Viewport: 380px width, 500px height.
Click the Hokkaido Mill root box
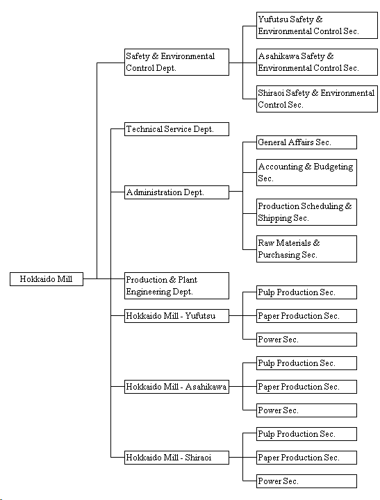47,279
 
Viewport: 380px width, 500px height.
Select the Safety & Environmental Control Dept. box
176,62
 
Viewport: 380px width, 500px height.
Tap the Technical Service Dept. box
176,129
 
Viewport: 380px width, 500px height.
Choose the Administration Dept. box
176,192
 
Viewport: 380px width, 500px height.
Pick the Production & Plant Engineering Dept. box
176,285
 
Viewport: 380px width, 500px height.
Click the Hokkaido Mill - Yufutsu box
176,316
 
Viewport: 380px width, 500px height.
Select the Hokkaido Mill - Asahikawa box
176,387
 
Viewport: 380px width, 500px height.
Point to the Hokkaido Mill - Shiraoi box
176,458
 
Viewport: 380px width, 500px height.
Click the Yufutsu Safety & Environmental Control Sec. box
317,26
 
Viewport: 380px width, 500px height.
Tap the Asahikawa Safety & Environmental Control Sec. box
317,62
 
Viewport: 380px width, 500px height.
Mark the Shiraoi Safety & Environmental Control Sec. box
317,99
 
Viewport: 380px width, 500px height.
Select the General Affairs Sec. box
306,142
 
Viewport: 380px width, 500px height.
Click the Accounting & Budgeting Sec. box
306,172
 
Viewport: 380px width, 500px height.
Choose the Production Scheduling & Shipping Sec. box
306,212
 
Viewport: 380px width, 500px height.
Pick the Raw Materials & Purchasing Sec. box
306,249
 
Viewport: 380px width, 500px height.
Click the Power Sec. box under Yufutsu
306,340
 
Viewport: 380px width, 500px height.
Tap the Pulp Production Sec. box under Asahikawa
306,363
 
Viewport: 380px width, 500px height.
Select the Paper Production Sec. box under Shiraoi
306,458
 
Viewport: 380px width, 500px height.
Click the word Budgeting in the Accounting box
333,167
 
